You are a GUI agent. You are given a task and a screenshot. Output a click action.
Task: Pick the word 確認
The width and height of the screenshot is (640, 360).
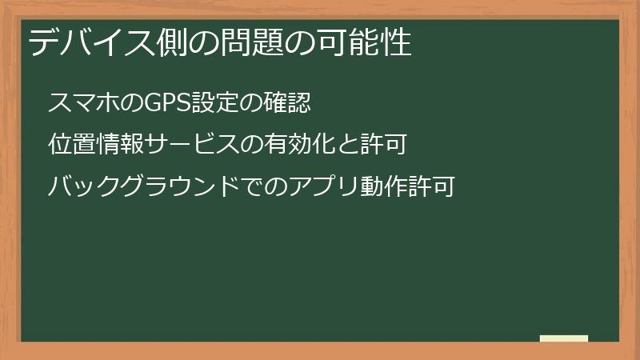tap(286, 103)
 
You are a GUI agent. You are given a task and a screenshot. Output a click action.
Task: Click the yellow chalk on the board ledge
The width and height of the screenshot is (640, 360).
tap(563, 338)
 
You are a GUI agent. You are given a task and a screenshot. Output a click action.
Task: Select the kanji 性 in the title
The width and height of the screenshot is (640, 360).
tap(398, 42)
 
